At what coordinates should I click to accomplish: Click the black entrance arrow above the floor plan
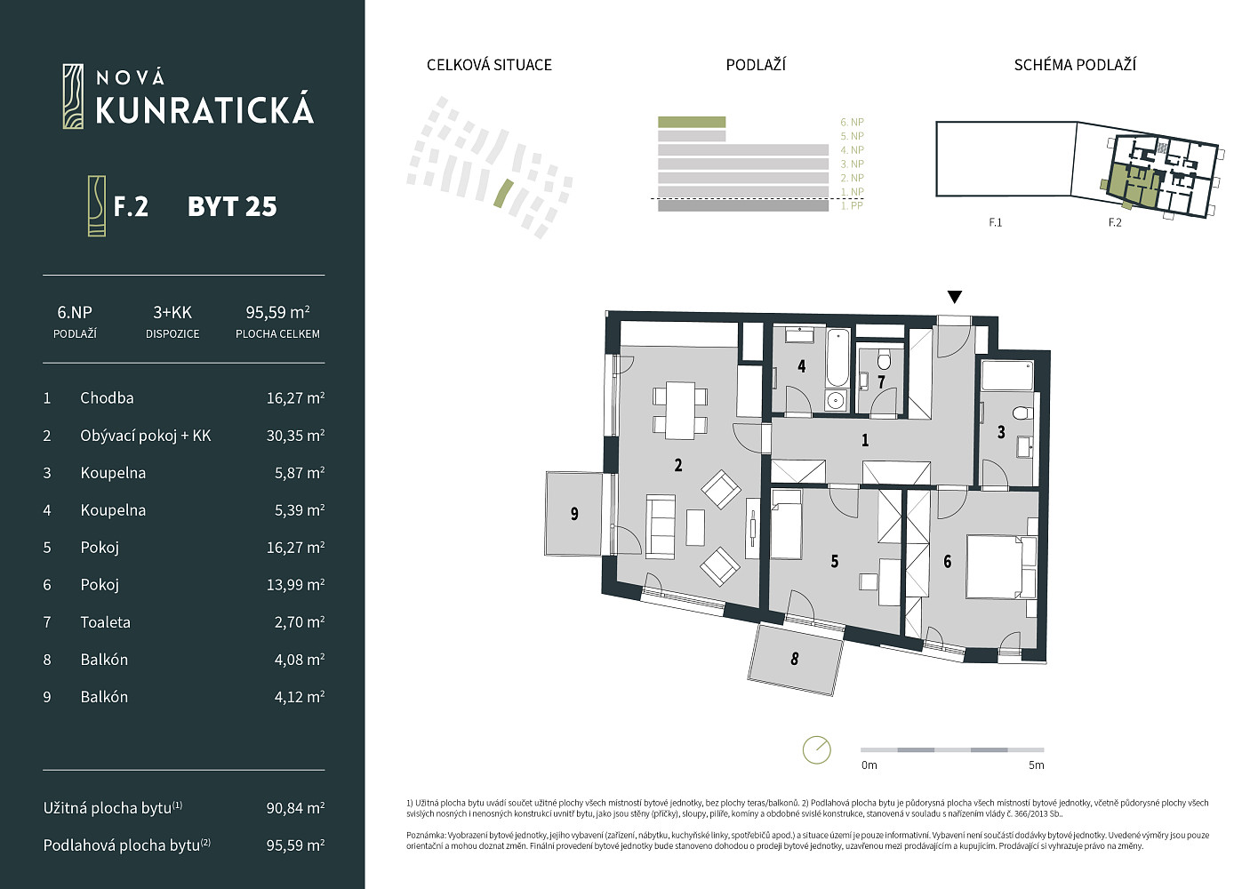[955, 297]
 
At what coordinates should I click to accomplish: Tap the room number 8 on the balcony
[794, 659]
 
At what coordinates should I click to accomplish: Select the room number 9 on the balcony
[574, 513]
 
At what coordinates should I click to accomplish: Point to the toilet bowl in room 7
[884, 358]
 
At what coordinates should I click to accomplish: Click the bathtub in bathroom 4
[837, 357]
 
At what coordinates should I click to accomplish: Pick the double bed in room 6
[1001, 566]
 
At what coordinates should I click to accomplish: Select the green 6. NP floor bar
[692, 122]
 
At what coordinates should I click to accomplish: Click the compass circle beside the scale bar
[816, 749]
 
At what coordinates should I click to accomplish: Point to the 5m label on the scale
[1036, 765]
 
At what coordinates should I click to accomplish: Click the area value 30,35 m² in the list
[295, 436]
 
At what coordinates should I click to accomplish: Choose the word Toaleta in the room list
[105, 621]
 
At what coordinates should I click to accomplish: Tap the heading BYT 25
[232, 206]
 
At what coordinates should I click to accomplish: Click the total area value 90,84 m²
[295, 807]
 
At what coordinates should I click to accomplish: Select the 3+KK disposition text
[172, 312]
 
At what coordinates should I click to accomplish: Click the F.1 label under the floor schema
[995, 222]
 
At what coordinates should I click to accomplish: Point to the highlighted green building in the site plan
[503, 193]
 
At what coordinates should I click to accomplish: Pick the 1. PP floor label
[852, 205]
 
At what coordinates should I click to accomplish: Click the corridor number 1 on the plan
[865, 440]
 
